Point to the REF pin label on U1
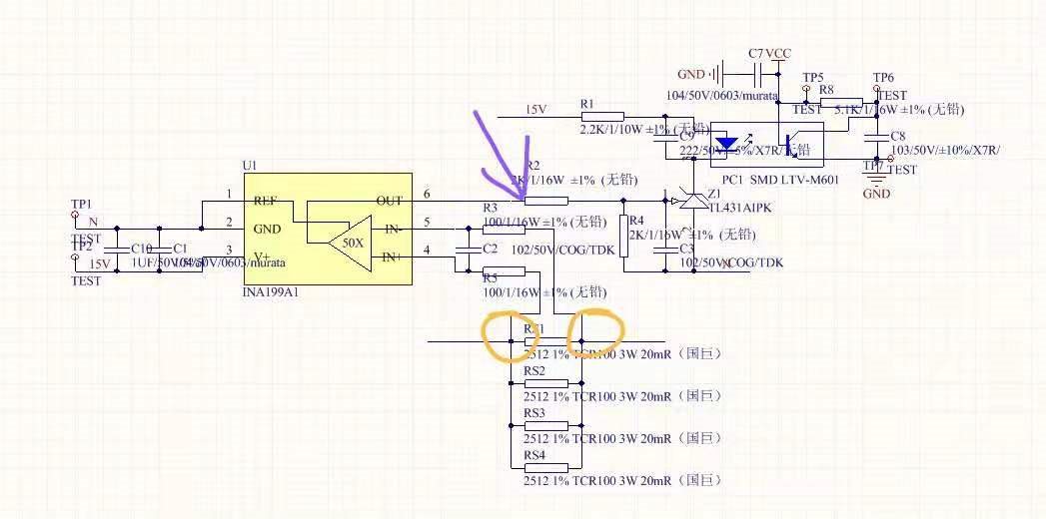coord(265,201)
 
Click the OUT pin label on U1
coord(390,201)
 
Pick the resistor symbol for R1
coord(601,117)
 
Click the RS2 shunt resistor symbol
coord(546,383)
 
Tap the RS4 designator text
coord(534,455)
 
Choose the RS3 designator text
coord(534,413)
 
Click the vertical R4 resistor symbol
coord(623,236)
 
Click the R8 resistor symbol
coord(840,103)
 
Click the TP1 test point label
coord(81,203)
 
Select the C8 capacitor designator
coord(897,136)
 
